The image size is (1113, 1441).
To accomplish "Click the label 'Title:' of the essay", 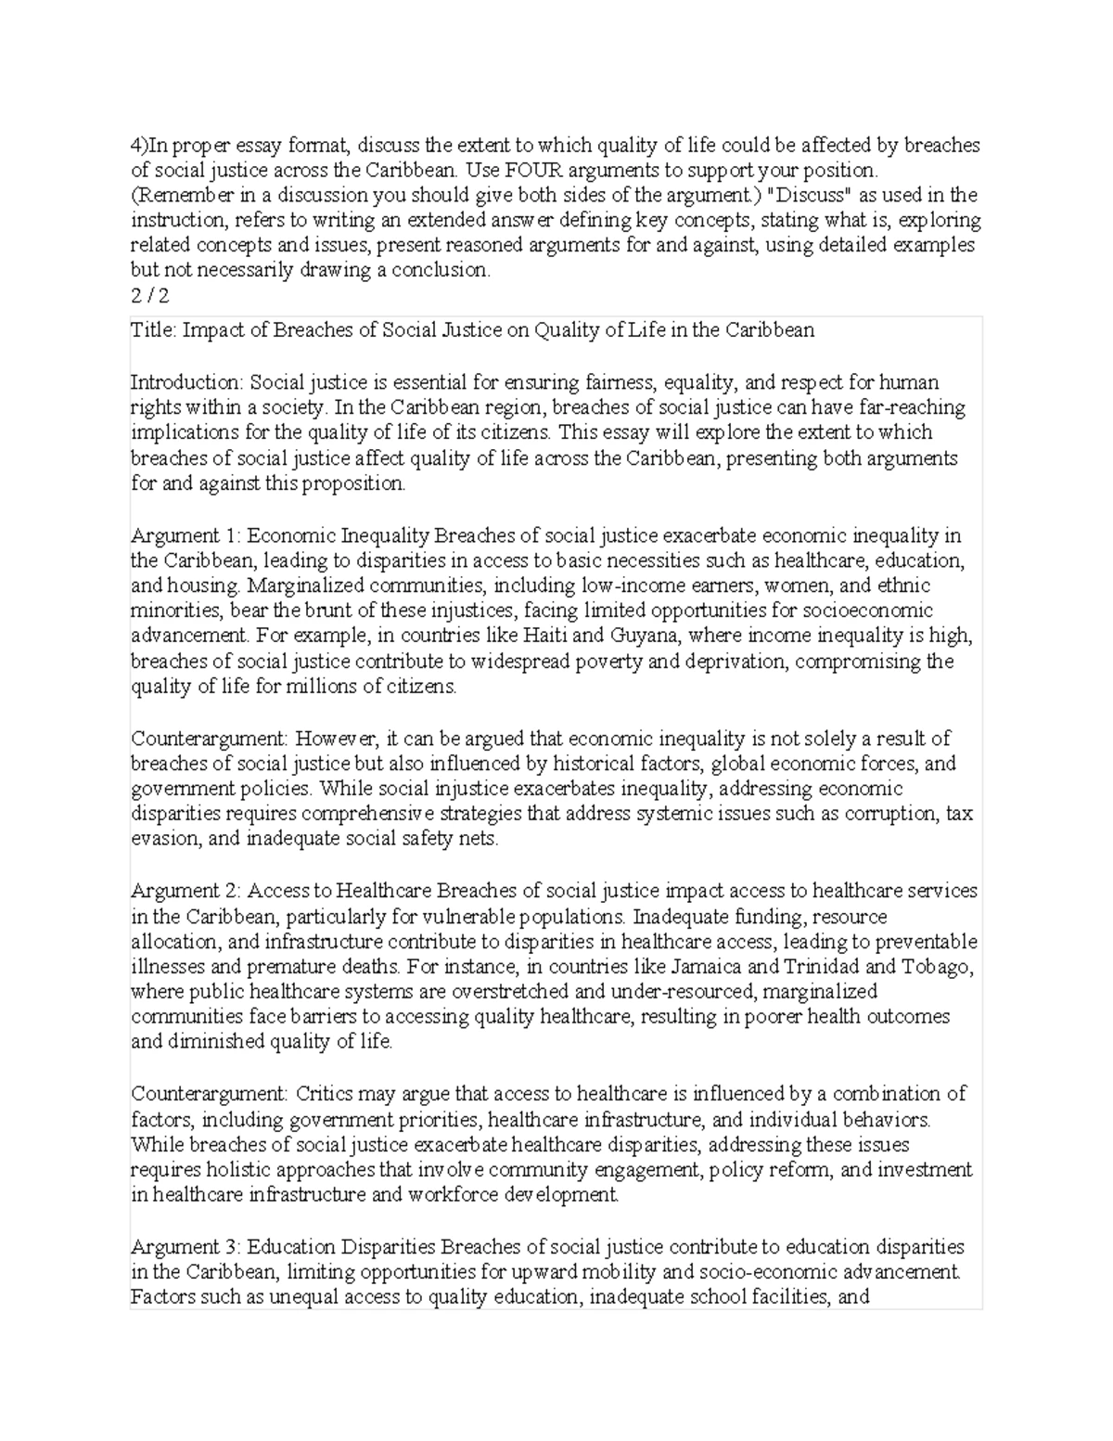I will pyautogui.click(x=153, y=330).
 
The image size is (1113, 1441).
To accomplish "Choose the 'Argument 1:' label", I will pyautogui.click(x=186, y=535).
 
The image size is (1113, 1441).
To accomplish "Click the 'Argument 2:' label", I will pyautogui.click(x=187, y=891).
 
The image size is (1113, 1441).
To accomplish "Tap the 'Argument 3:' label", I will pyautogui.click(x=187, y=1246).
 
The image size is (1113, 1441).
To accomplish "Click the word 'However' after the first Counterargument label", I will pyautogui.click(x=338, y=739).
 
